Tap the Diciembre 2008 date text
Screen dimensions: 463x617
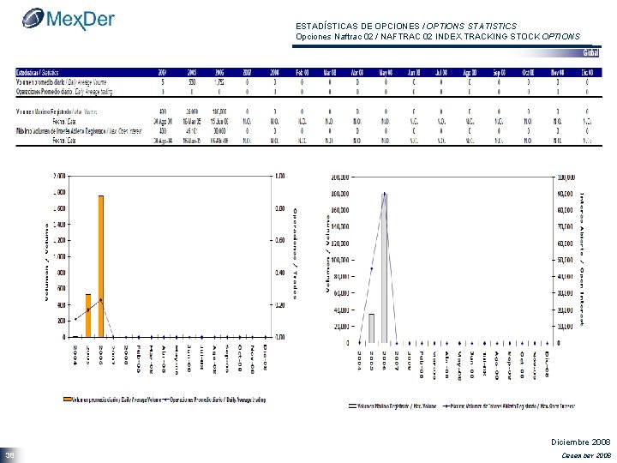[x=579, y=440]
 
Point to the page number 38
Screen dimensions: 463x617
[x=9, y=454]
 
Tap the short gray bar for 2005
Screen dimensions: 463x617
[x=371, y=328]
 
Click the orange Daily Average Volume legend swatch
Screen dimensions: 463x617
[x=66, y=398]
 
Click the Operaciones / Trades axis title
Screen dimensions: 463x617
[x=296, y=253]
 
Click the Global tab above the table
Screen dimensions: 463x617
[x=590, y=53]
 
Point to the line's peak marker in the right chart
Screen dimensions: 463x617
[x=384, y=195]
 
